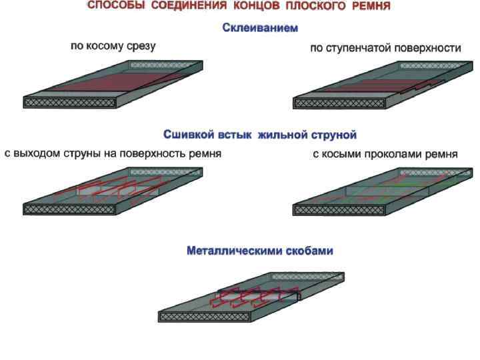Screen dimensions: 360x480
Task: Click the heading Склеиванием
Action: click(260, 29)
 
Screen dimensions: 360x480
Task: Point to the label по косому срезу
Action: click(113, 47)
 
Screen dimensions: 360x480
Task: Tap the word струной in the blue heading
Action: click(333, 135)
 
